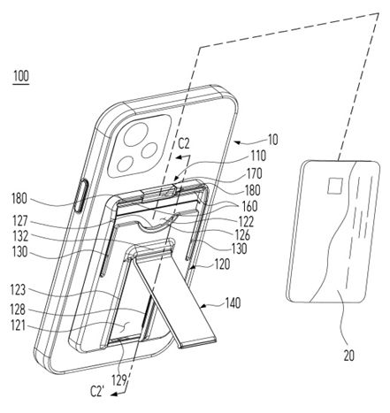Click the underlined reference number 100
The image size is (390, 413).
coord(21,76)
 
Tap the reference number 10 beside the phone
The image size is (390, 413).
coord(273,140)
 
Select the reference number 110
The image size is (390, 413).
coord(258,156)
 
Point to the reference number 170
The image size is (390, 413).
coord(254,173)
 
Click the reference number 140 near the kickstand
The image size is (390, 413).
coord(233,303)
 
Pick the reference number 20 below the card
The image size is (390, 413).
coord(349,356)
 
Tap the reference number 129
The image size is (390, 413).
coord(119,380)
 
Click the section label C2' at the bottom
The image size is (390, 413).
coord(96,392)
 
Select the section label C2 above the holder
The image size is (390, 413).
coord(183,143)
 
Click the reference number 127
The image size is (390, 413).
coord(20,221)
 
